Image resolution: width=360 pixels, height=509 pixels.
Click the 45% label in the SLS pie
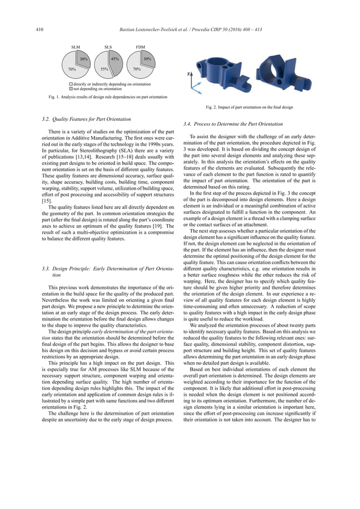[x=113, y=59]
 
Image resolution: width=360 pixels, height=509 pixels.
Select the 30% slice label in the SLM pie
[x=83, y=59]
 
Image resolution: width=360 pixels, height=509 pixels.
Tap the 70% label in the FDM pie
[x=137, y=69]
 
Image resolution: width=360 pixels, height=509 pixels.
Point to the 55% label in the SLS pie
[x=104, y=69]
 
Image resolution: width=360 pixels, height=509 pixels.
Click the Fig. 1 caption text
[x=99, y=97]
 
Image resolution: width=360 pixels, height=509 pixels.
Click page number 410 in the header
[x=39, y=29]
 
